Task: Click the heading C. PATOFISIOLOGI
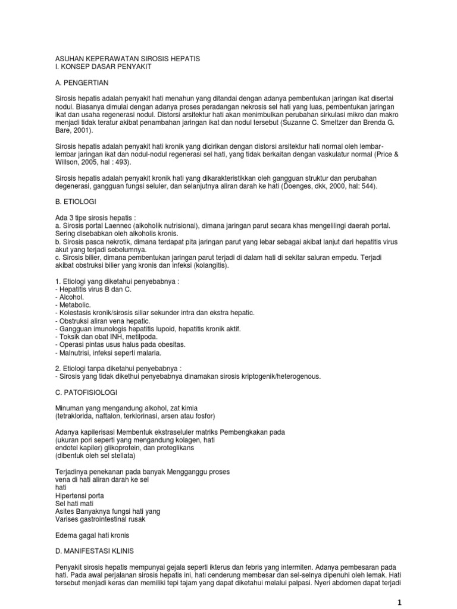pyautogui.click(x=87, y=393)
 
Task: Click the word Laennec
pyautogui.click(x=117, y=226)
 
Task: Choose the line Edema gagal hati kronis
pyautogui.click(x=96, y=534)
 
